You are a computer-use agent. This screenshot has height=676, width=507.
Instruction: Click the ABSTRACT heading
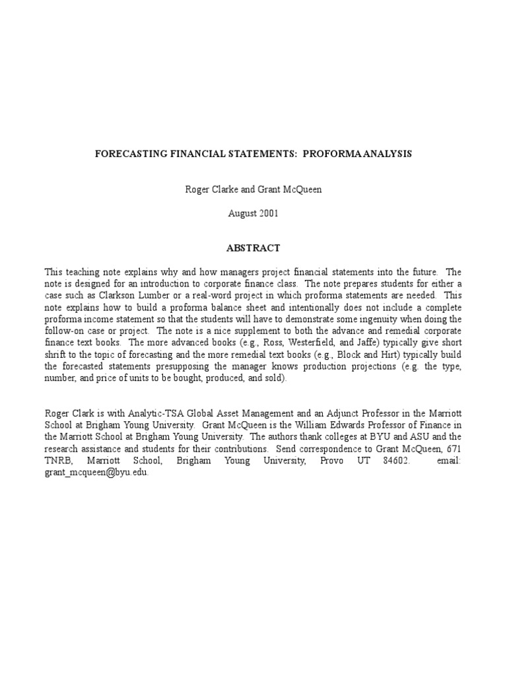[x=253, y=248]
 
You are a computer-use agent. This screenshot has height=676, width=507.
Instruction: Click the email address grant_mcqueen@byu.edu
[x=96, y=473]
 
